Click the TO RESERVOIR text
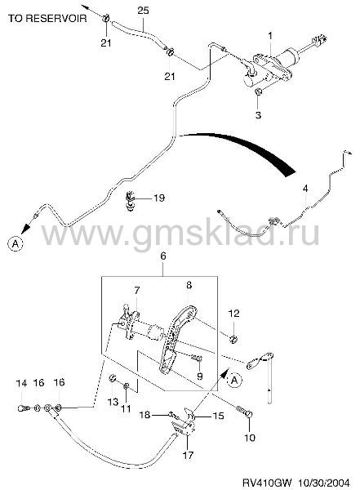pyautogui.click(x=47, y=18)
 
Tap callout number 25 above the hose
pyautogui.click(x=143, y=11)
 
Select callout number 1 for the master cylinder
pyautogui.click(x=270, y=36)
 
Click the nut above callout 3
pyautogui.click(x=259, y=91)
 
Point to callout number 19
pyautogui.click(x=159, y=198)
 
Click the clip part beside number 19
pyautogui.click(x=130, y=201)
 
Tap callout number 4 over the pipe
pyautogui.click(x=305, y=189)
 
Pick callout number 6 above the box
pyautogui.click(x=162, y=256)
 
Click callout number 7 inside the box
pyautogui.click(x=137, y=291)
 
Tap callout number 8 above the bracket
pyautogui.click(x=189, y=285)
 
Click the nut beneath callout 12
pyautogui.click(x=233, y=339)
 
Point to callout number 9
pyautogui.click(x=200, y=376)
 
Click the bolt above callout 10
pyautogui.click(x=246, y=412)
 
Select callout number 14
pyautogui.click(x=21, y=383)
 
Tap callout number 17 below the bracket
pyautogui.click(x=188, y=455)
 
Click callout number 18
pyautogui.click(x=145, y=415)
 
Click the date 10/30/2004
pyautogui.click(x=324, y=482)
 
